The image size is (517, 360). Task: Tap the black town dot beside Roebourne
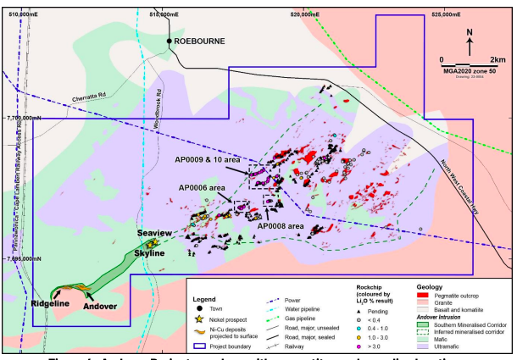click(x=170, y=40)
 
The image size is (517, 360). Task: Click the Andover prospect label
click(x=100, y=307)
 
